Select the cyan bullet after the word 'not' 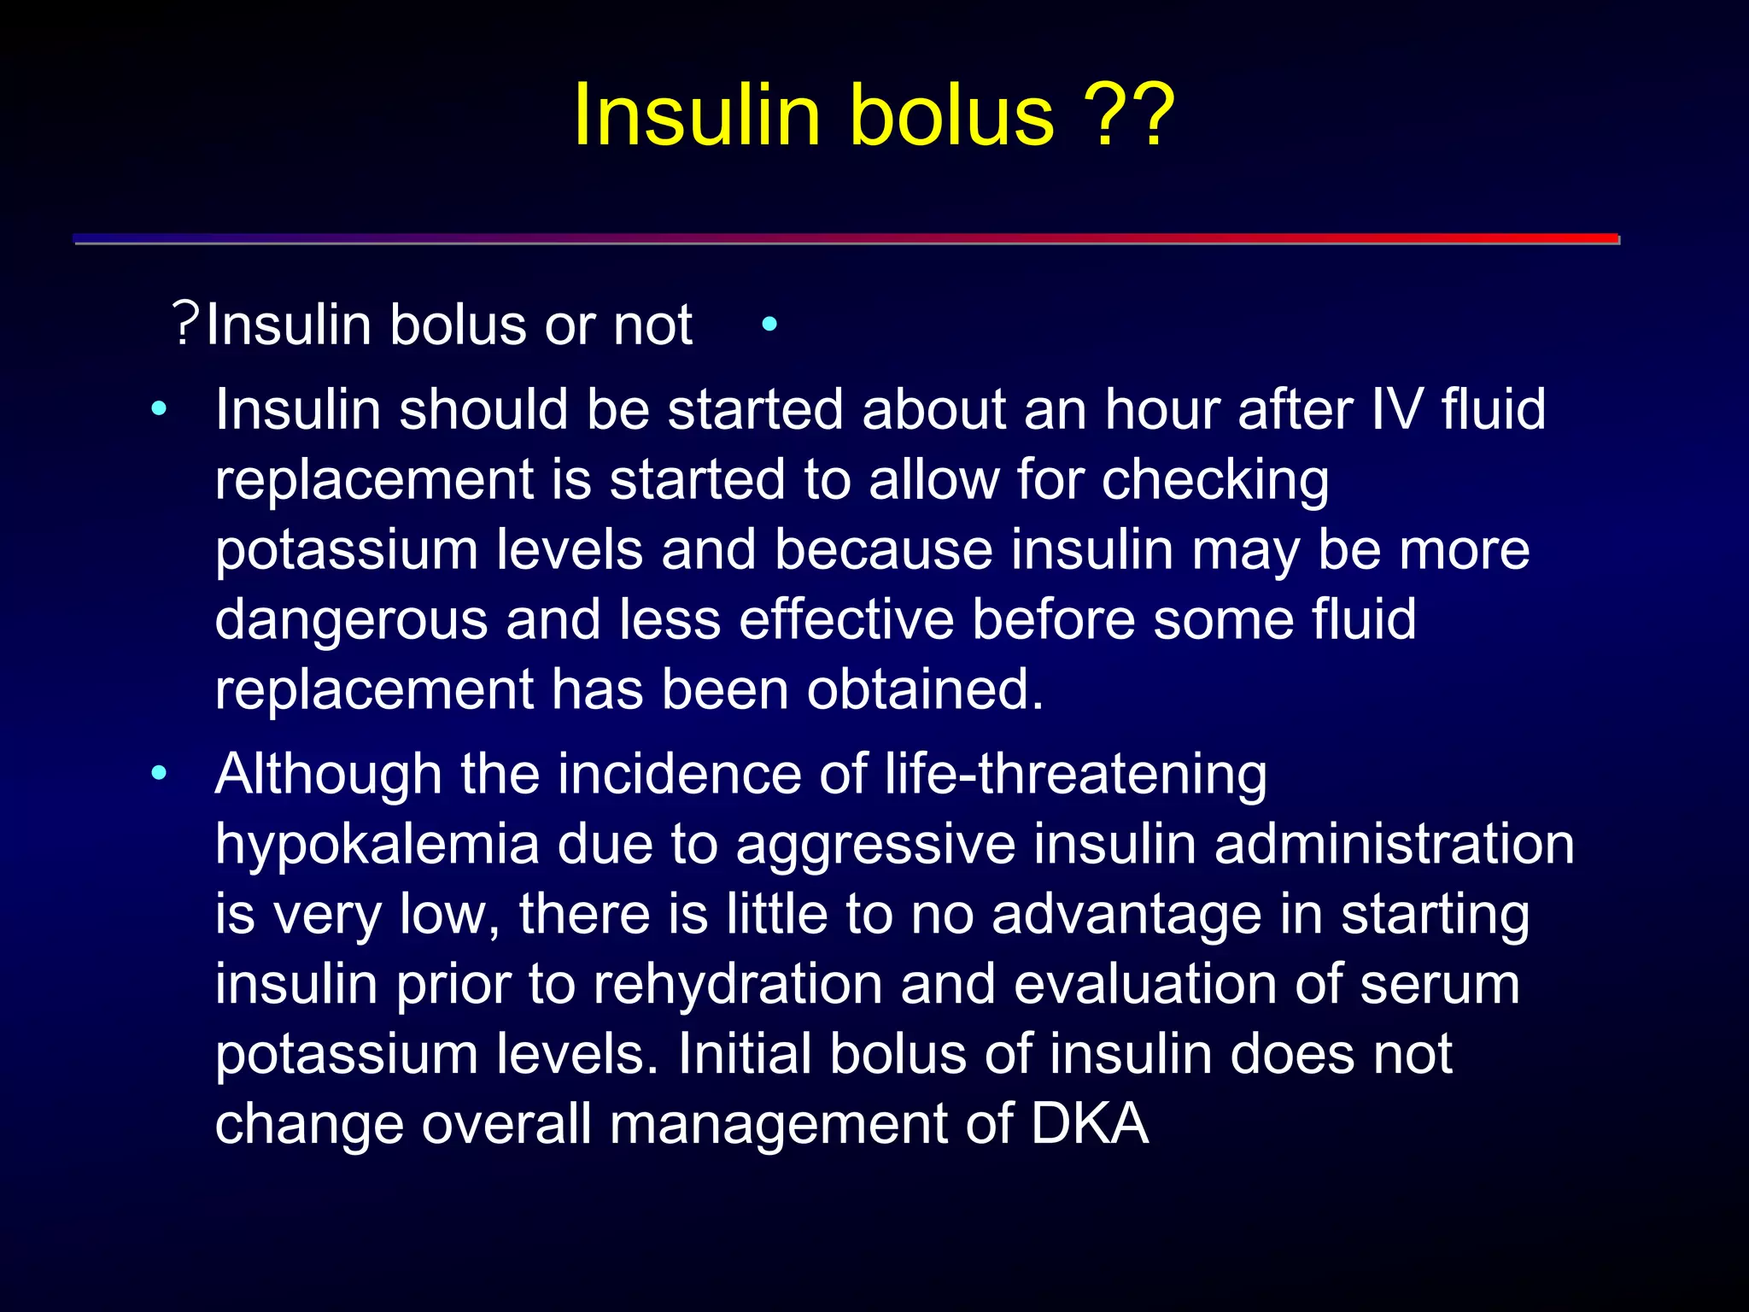[769, 325]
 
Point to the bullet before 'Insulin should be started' [159, 411]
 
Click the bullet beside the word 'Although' [159, 775]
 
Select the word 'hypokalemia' [377, 845]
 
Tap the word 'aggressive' [875, 845]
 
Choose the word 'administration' [1394, 845]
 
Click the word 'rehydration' [737, 984]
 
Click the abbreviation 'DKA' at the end [1090, 1123]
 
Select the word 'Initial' [744, 1054]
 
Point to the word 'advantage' [1126, 914]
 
